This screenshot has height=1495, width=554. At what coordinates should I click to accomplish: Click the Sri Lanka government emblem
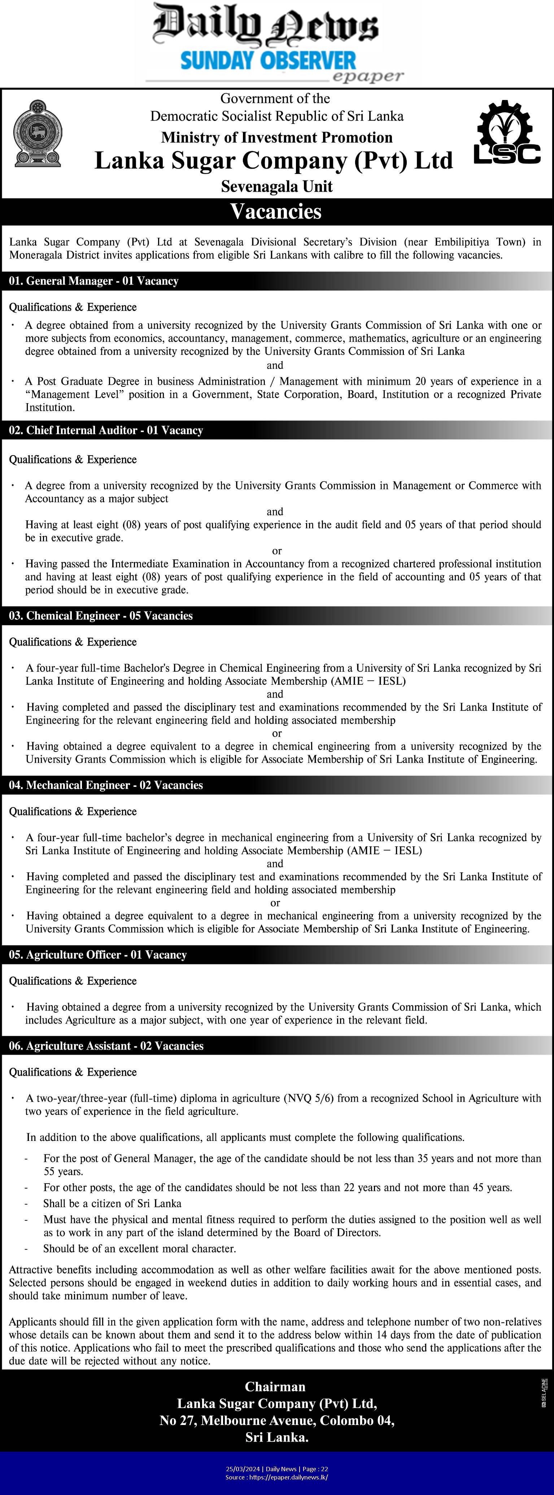(x=38, y=134)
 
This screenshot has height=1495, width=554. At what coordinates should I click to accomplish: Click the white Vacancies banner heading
(x=276, y=211)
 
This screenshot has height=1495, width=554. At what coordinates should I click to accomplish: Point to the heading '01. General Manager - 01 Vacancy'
(x=93, y=281)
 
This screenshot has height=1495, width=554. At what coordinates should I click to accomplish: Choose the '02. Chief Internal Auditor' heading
(x=106, y=430)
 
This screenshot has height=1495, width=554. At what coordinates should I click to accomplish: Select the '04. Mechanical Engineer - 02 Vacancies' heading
(x=106, y=785)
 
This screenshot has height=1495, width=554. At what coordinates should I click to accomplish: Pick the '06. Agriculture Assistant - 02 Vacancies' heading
(x=106, y=1046)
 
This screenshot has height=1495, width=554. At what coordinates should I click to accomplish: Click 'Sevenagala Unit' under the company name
(x=277, y=186)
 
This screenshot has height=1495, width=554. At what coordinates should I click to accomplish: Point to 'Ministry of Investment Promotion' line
(x=277, y=138)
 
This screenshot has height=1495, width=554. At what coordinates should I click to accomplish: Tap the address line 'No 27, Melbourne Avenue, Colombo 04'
(x=277, y=1421)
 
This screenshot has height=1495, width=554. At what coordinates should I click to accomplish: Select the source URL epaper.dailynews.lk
(x=291, y=1477)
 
